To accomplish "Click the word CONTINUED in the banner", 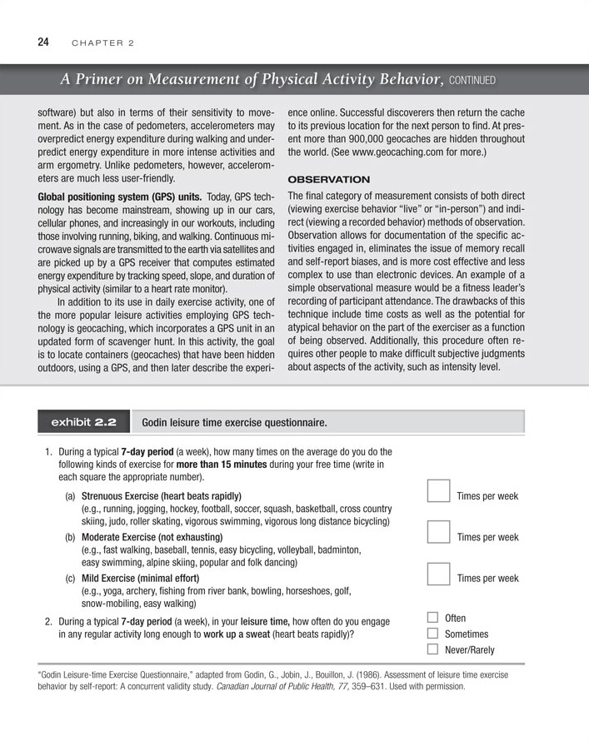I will [x=473, y=81].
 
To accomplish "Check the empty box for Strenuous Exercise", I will [x=438, y=493].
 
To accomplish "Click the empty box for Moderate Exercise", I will [x=438, y=534].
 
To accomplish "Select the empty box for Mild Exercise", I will [x=438, y=574].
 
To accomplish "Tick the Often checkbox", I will [x=432, y=618].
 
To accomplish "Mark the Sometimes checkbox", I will [x=432, y=634].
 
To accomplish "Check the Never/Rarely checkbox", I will [x=432, y=649].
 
